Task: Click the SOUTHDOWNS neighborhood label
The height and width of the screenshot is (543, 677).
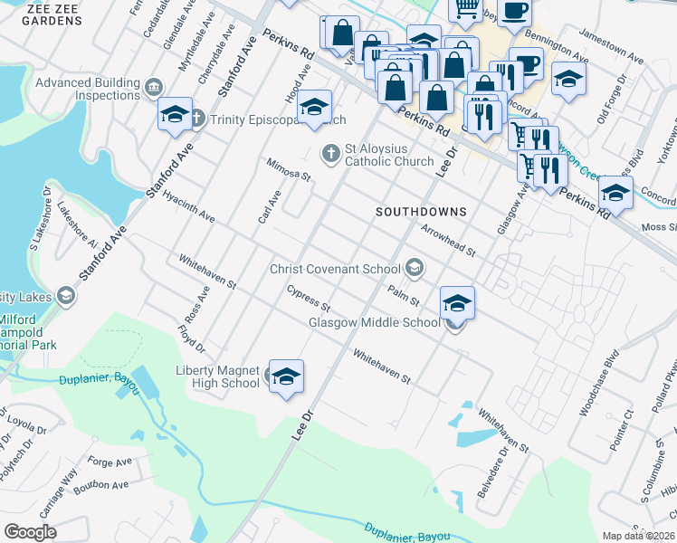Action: tap(421, 212)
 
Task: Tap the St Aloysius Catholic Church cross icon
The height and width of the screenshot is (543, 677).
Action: tap(332, 152)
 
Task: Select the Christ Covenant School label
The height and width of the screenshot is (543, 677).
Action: tap(335, 269)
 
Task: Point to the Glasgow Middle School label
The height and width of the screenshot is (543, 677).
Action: tap(374, 322)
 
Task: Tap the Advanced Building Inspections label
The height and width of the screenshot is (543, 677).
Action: tap(88, 89)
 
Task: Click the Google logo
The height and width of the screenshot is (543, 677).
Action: tap(31, 531)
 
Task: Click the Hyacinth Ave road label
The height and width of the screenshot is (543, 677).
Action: tap(187, 206)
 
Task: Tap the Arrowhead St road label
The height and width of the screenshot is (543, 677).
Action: tap(448, 240)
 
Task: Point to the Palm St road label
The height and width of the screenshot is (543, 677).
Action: tap(403, 294)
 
